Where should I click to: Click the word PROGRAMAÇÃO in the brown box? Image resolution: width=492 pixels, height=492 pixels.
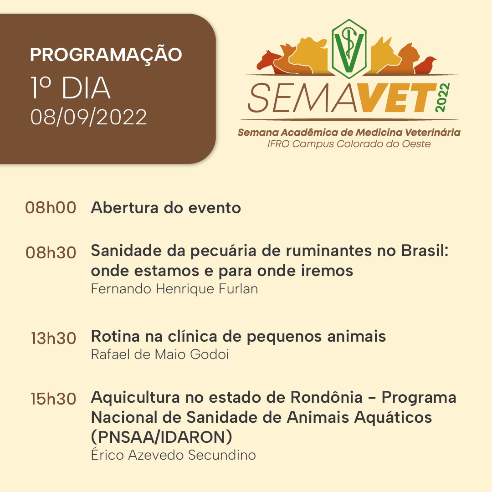(x=106, y=54)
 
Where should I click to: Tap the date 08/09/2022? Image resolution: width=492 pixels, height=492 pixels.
(x=89, y=118)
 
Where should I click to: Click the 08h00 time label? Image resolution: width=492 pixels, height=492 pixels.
(x=51, y=208)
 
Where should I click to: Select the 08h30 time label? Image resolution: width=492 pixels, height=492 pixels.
(x=51, y=252)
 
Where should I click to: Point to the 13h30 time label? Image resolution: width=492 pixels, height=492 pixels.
(x=54, y=338)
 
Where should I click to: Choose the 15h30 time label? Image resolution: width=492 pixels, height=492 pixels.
(x=54, y=399)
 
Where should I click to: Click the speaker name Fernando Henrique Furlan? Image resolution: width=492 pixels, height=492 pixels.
(x=174, y=289)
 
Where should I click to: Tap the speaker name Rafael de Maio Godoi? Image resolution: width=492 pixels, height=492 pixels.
(x=160, y=354)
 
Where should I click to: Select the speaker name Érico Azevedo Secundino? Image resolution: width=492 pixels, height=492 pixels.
(x=174, y=454)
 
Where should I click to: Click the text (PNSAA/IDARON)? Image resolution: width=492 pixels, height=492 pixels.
(x=162, y=437)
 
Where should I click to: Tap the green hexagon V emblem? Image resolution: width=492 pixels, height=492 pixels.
(x=349, y=48)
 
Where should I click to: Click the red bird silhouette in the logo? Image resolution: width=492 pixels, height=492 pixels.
(x=425, y=65)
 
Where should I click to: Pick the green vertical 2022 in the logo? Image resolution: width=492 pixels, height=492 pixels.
(x=443, y=97)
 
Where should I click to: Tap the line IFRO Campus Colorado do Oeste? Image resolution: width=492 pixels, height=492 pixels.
(x=349, y=144)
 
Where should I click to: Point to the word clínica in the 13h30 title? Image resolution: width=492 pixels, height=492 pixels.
(x=192, y=336)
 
